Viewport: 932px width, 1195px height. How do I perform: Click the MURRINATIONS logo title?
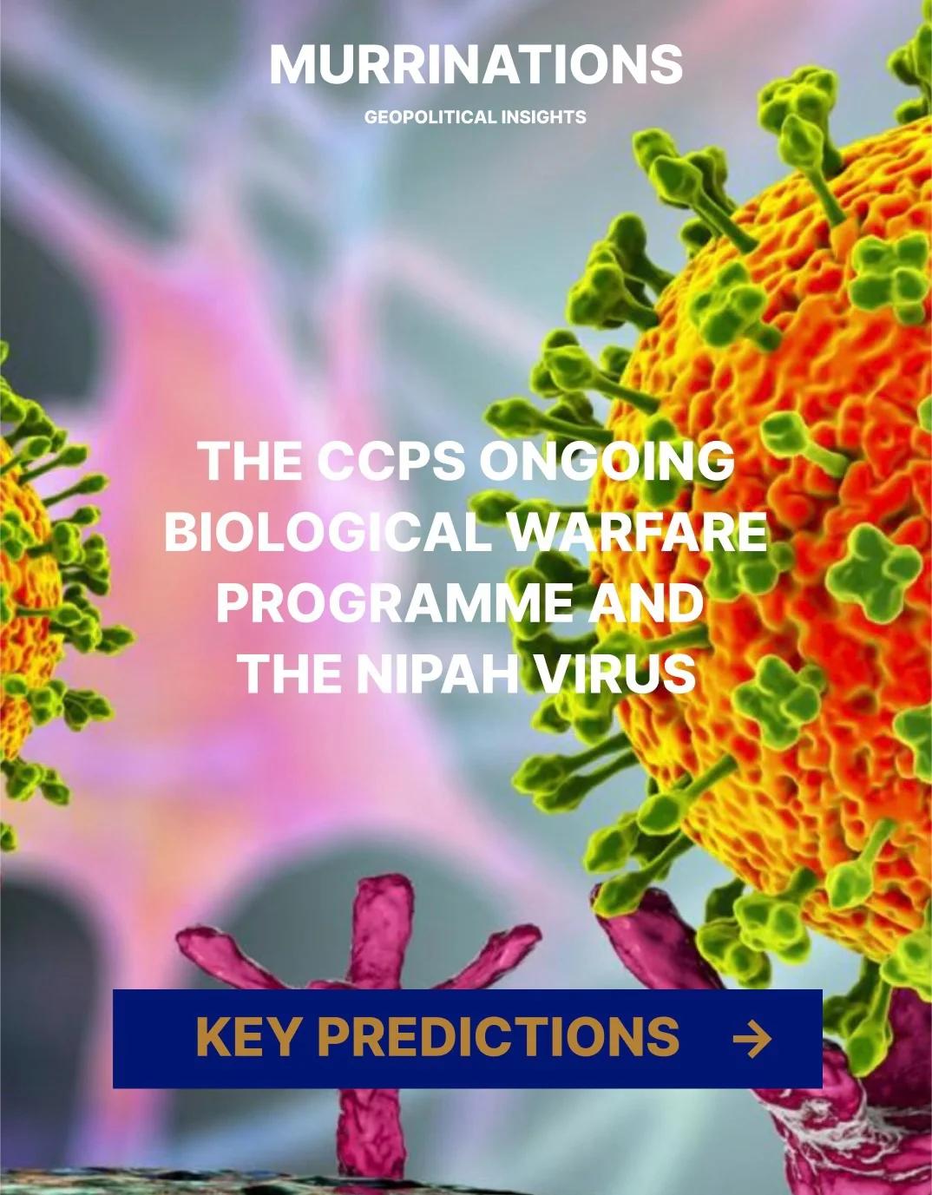point(476,64)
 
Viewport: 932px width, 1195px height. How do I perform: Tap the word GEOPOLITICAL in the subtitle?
point(418,116)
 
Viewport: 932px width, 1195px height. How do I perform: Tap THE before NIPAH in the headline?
point(290,673)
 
